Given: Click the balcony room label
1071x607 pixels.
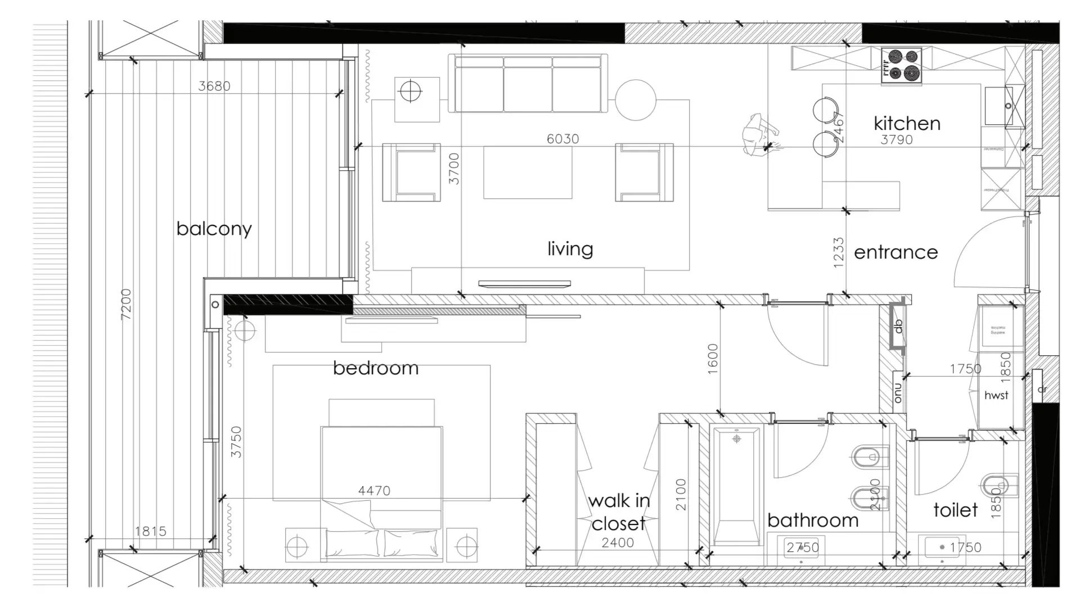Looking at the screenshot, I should pyautogui.click(x=214, y=229).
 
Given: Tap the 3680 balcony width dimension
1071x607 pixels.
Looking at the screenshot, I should pyautogui.click(x=214, y=86).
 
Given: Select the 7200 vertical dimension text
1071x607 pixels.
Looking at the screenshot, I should pyautogui.click(x=126, y=304).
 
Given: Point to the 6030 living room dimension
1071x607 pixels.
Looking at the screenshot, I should pyautogui.click(x=562, y=139).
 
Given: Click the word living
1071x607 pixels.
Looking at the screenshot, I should pyautogui.click(x=570, y=248).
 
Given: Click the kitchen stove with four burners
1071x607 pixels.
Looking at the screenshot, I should pyautogui.click(x=901, y=65).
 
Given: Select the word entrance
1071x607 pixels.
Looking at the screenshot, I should pyautogui.click(x=895, y=252).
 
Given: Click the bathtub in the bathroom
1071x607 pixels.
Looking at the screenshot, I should pyautogui.click(x=735, y=487).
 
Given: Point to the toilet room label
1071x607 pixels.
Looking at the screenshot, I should pyautogui.click(x=955, y=510).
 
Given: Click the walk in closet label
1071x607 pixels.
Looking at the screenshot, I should pyautogui.click(x=619, y=512).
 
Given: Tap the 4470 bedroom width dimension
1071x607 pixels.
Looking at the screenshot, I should pyautogui.click(x=374, y=491).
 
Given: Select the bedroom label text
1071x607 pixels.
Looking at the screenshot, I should pyautogui.click(x=376, y=368).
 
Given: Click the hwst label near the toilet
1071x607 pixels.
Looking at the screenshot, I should pyautogui.click(x=996, y=396).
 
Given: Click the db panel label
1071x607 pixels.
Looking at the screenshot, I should pyautogui.click(x=898, y=327).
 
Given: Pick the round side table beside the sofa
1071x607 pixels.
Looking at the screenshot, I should pyautogui.click(x=636, y=99).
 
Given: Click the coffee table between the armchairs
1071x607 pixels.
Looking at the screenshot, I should pyautogui.click(x=528, y=173).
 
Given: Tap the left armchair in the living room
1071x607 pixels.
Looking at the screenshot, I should pyautogui.click(x=411, y=173).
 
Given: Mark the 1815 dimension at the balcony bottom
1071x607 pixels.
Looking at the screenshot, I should pyautogui.click(x=151, y=531).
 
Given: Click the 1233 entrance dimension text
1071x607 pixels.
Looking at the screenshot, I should pyautogui.click(x=839, y=252).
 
